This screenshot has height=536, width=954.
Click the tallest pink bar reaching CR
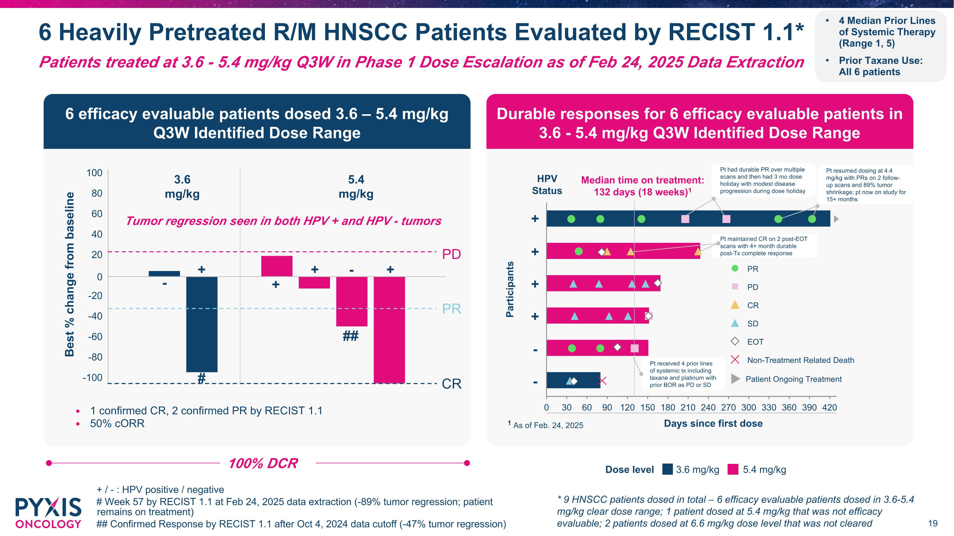pyautogui.click(x=389, y=329)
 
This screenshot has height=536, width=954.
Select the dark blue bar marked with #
pyautogui.click(x=202, y=324)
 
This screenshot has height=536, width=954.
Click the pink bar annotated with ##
pyautogui.click(x=351, y=302)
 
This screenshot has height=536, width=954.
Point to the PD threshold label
pyautogui.click(x=452, y=254)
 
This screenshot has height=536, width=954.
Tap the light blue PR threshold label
pyautogui.click(x=452, y=309)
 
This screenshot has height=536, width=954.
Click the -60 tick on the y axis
pyautogui.click(x=95, y=336)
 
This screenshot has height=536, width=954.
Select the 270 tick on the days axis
pyautogui.click(x=728, y=408)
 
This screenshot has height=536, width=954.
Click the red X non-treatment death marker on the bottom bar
pyautogui.click(x=603, y=381)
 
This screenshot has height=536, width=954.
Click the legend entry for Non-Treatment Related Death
pyautogui.click(x=800, y=360)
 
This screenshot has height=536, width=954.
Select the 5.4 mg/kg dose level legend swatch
pyautogui.click(x=733, y=469)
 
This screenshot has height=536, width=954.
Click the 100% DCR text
pyautogui.click(x=263, y=464)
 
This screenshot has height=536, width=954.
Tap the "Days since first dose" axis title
pyautogui.click(x=713, y=424)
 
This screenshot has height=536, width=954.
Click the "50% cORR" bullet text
pyautogui.click(x=117, y=424)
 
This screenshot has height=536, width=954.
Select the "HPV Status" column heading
pyautogui.click(x=547, y=185)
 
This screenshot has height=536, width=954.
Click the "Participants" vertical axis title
pyautogui.click(x=510, y=289)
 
